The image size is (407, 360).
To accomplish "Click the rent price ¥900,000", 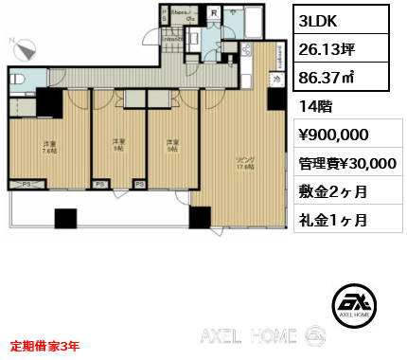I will click(335, 135).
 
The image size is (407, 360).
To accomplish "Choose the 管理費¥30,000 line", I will click(348, 163).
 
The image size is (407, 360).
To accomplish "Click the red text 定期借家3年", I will click(46, 346).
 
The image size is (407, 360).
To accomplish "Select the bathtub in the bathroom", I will click(254, 21).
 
